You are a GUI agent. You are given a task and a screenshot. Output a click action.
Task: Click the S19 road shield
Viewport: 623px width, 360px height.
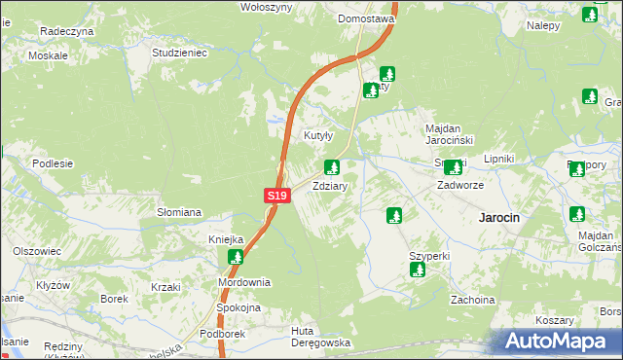pos(277,196)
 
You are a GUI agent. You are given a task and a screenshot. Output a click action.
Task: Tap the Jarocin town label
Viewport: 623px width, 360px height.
pos(498,218)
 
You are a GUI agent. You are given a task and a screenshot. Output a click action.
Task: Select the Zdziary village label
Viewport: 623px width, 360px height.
pos(330,185)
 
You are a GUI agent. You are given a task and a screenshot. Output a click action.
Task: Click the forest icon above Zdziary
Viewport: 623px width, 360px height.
pos(331,167)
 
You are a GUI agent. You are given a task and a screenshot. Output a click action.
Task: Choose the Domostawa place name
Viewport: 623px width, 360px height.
pos(366,18)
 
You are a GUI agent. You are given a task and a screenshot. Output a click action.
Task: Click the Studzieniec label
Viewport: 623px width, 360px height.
pos(181,53)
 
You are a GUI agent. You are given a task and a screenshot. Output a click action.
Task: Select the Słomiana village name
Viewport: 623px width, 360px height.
pos(179,212)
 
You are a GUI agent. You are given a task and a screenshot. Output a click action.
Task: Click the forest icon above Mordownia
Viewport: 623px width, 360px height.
pos(236,257)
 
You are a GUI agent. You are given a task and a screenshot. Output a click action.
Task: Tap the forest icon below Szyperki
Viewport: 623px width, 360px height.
pos(418,270)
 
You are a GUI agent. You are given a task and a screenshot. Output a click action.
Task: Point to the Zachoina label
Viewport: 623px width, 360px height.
pos(473,300)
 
